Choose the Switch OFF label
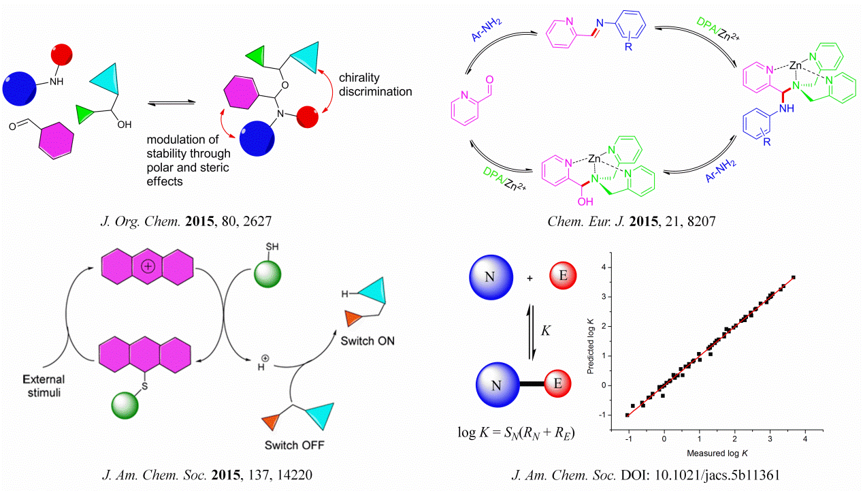point(294,445)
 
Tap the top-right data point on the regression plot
point(794,277)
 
